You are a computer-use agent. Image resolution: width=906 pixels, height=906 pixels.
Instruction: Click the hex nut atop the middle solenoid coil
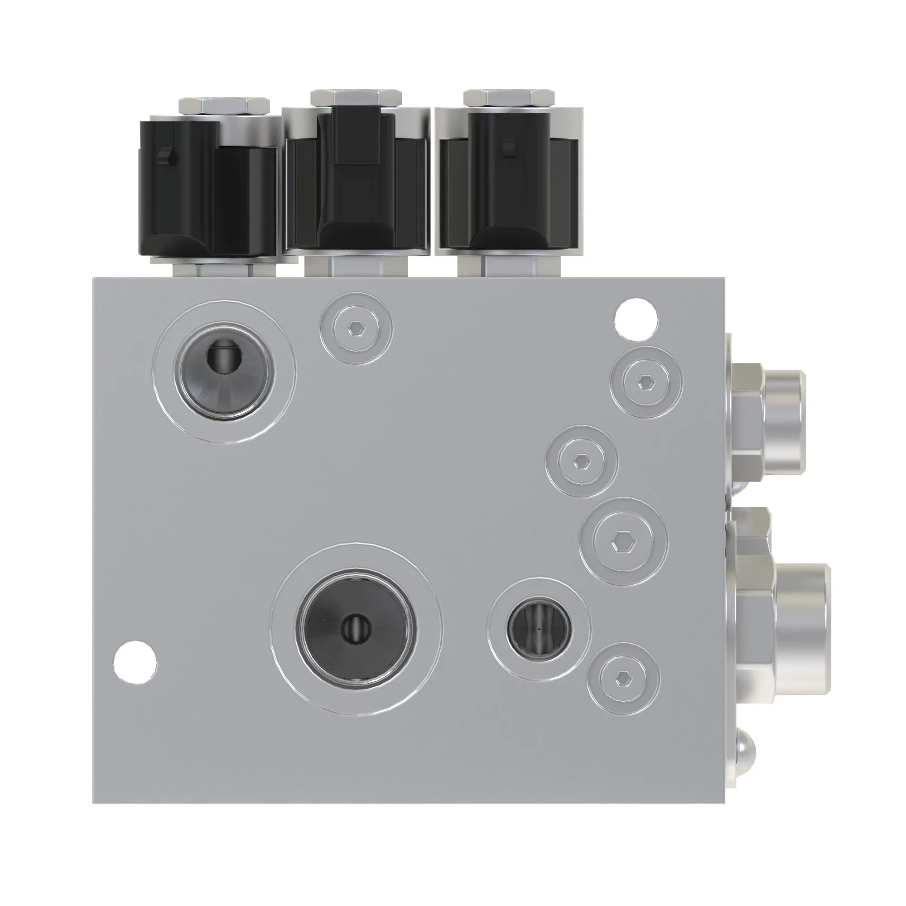pyautogui.click(x=356, y=97)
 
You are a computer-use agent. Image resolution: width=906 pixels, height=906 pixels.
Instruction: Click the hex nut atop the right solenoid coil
pyautogui.click(x=509, y=97)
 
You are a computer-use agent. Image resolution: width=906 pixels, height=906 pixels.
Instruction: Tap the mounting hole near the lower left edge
pyautogui.click(x=135, y=661)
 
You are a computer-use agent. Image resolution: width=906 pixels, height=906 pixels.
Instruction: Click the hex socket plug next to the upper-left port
pyautogui.click(x=356, y=329)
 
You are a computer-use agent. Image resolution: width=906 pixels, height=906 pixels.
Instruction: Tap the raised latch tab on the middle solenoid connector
pyautogui.click(x=357, y=136)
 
